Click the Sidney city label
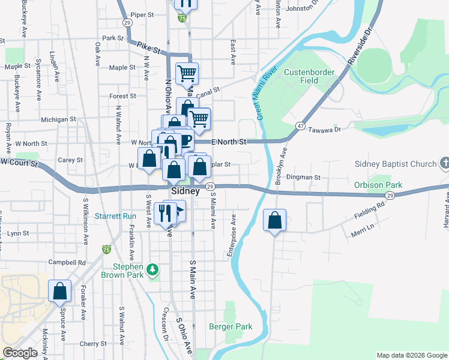tap(185, 191)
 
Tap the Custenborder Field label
tap(309, 76)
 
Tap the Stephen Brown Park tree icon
tap(154, 270)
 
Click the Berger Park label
tap(231, 326)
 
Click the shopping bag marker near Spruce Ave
tap(60, 292)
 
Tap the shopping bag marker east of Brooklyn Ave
tap(274, 220)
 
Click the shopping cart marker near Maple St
tap(187, 74)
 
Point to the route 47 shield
tap(300, 125)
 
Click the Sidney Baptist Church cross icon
tap(444, 163)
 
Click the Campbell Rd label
tap(67, 262)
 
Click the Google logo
tap(20, 353)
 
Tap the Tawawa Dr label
tap(324, 129)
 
